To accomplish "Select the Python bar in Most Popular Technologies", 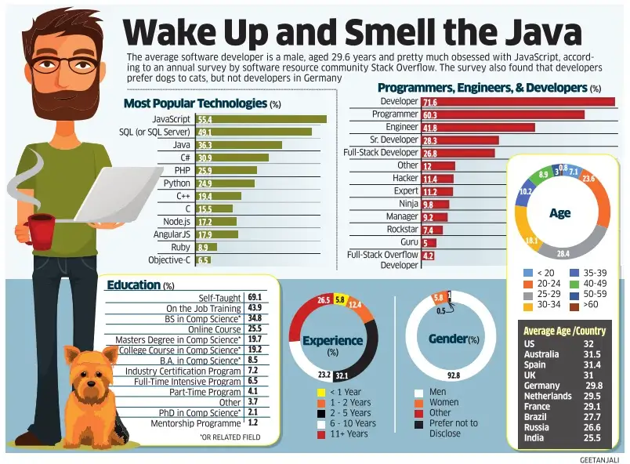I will click(225, 183).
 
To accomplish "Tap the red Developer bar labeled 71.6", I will click(518, 102).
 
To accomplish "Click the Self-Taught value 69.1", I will click(254, 298).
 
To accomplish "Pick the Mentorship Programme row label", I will click(197, 423).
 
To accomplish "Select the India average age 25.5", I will click(592, 438).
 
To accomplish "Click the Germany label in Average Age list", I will click(541, 386).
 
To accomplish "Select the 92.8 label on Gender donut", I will click(453, 376).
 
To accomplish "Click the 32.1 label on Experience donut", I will click(342, 376).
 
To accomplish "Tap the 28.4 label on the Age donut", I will click(563, 254).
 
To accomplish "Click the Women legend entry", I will click(444, 403).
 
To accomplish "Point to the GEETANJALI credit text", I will click(599, 459).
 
